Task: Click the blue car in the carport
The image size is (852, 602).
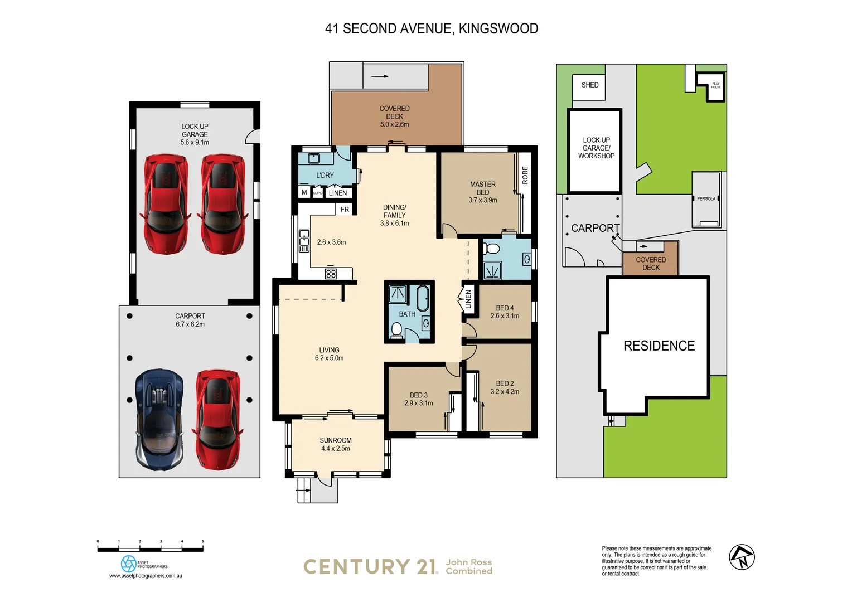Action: [x=159, y=418]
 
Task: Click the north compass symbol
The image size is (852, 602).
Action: [x=742, y=557]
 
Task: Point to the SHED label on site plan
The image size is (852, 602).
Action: [x=589, y=85]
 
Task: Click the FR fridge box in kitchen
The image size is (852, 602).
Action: [x=345, y=210]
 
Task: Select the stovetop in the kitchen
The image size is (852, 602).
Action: [x=331, y=274]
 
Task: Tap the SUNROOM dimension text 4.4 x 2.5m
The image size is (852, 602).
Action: [x=335, y=449]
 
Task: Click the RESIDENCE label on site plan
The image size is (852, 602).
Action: [x=659, y=346]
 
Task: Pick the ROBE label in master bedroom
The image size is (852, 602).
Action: [x=525, y=175]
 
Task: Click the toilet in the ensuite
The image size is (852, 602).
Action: [x=492, y=249]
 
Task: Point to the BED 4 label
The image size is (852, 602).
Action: [x=505, y=308]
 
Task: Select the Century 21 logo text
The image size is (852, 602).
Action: [x=371, y=567]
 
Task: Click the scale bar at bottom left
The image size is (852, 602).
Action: [x=150, y=549]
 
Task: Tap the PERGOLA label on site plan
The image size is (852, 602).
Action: [x=705, y=199]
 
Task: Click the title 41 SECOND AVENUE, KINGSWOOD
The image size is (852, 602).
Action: [x=431, y=28]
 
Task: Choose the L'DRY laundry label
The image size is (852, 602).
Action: [x=325, y=175]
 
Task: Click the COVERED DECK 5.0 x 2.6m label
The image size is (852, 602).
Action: [x=394, y=116]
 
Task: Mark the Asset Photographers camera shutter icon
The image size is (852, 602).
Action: [x=128, y=564]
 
